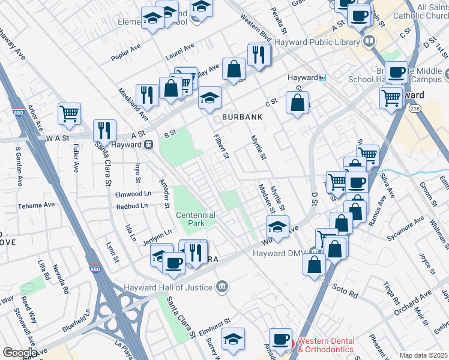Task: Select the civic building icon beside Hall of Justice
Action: click(x=222, y=286)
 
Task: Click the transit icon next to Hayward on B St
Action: click(x=148, y=145)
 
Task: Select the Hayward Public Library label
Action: click(x=316, y=42)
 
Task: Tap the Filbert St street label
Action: click(x=222, y=147)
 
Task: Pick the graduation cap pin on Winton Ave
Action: click(x=277, y=227)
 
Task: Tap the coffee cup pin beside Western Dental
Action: click(x=280, y=339)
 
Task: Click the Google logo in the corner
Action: click(x=20, y=352)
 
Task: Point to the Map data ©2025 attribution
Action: click(x=423, y=355)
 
